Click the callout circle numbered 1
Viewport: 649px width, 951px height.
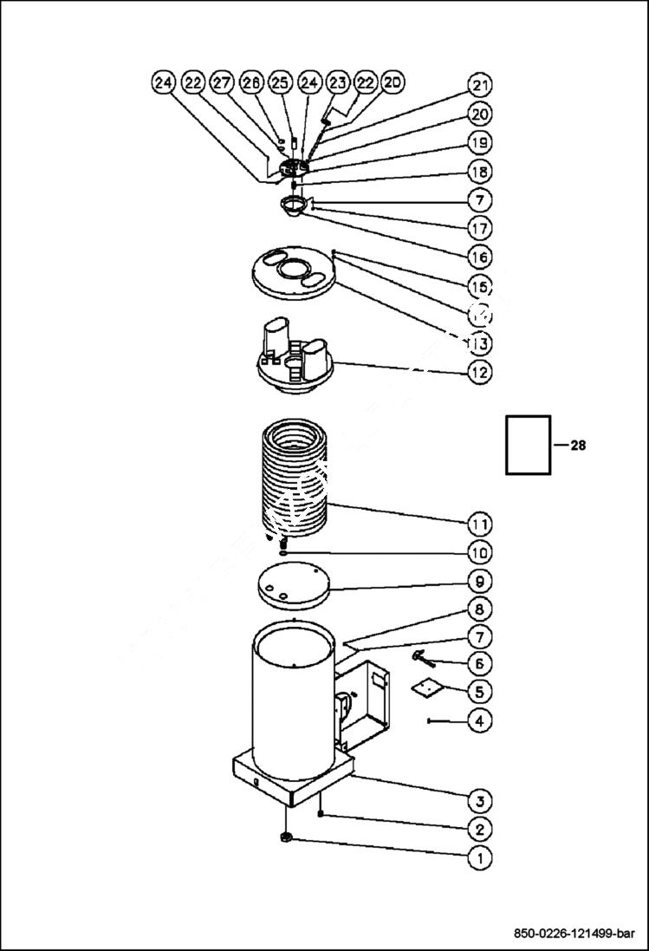pyautogui.click(x=479, y=857)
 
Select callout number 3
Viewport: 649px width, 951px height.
pyautogui.click(x=479, y=799)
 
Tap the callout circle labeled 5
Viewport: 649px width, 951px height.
pyautogui.click(x=479, y=691)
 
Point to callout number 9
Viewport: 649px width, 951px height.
pyautogui.click(x=479, y=580)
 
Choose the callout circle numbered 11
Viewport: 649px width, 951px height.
pyautogui.click(x=479, y=524)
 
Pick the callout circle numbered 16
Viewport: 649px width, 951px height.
pyautogui.click(x=479, y=257)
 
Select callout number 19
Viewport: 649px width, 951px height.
pyautogui.click(x=479, y=141)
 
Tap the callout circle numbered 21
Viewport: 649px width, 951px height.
pyautogui.click(x=479, y=85)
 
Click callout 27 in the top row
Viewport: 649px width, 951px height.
pyautogui.click(x=222, y=82)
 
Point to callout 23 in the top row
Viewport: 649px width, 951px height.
pyautogui.click(x=338, y=82)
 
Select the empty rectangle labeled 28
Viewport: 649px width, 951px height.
pyautogui.click(x=528, y=445)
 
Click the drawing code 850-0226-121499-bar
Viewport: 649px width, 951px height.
pyautogui.click(x=574, y=934)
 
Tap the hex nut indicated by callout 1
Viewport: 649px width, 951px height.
pyautogui.click(x=286, y=837)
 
